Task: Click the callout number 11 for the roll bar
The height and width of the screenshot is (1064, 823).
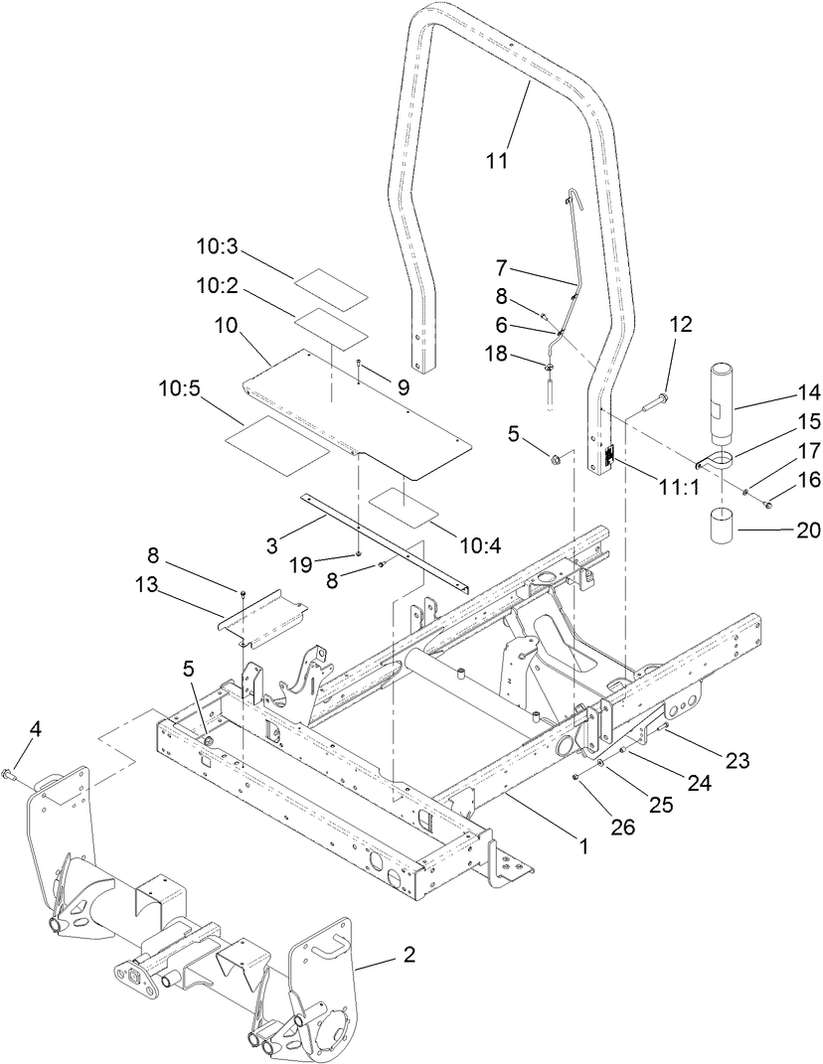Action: click(x=497, y=160)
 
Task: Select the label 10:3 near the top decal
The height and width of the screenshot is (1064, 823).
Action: click(x=219, y=245)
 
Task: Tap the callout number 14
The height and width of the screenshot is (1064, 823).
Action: click(x=781, y=391)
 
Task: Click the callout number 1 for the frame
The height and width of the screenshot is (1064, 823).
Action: click(x=584, y=847)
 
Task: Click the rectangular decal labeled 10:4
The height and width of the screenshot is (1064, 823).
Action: click(x=404, y=506)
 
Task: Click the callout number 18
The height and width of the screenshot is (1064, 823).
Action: click(x=497, y=354)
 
